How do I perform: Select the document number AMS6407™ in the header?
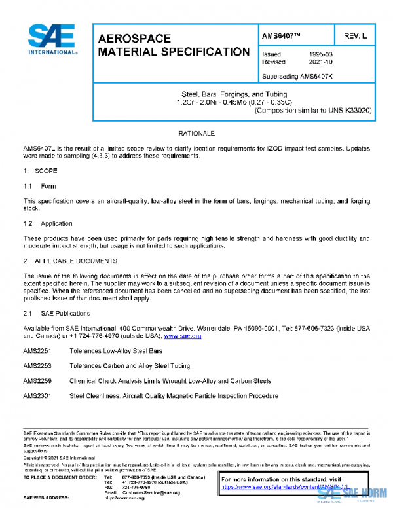click(282, 34)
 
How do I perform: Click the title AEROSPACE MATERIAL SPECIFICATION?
click(173, 45)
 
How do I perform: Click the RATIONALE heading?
click(196, 133)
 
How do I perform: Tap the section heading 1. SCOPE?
click(41, 170)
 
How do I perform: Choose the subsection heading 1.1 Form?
click(40, 186)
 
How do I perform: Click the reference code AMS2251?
click(37, 351)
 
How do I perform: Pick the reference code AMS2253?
click(37, 366)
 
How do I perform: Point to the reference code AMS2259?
click(37, 380)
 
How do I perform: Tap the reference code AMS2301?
click(37, 395)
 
